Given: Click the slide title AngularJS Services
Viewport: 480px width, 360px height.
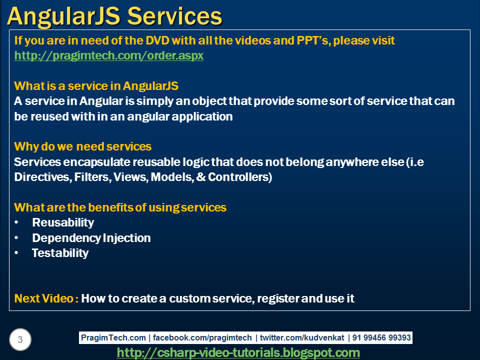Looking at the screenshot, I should click(114, 16).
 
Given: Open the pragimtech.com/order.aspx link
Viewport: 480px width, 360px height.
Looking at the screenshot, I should click(108, 55).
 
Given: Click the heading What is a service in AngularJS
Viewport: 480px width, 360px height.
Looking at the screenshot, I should click(96, 85).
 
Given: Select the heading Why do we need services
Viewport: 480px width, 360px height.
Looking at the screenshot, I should click(82, 146).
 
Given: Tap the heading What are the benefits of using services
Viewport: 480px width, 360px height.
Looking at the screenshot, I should click(120, 207).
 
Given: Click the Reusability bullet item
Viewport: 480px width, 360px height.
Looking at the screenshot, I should click(62, 222).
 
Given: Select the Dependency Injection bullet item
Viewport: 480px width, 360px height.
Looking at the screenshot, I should click(91, 238).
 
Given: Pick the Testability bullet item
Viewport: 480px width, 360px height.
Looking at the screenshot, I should click(60, 253).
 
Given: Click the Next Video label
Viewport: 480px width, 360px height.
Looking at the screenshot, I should click(45, 298).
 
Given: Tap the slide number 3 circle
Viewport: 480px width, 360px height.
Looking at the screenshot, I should click(20, 340).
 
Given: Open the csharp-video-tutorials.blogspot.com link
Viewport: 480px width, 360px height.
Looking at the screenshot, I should click(238, 353).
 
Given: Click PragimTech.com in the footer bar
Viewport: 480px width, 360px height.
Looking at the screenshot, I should click(113, 338).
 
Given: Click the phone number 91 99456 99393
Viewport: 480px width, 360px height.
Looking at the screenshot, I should click(381, 338).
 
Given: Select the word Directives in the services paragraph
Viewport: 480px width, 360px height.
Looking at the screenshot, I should click(41, 177).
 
